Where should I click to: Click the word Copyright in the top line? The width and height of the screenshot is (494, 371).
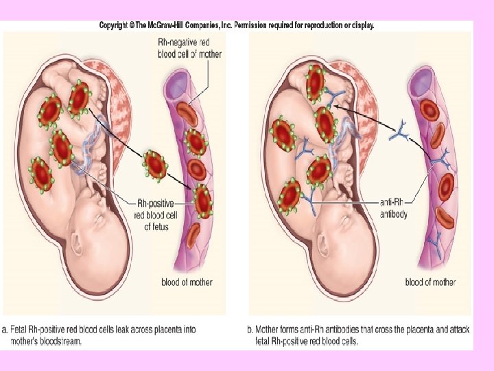tap(117, 25)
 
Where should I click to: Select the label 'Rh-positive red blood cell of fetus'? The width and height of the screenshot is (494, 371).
tap(156, 214)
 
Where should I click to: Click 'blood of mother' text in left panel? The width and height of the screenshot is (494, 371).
tap(187, 282)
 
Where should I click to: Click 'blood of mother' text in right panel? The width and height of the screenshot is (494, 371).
tap(430, 282)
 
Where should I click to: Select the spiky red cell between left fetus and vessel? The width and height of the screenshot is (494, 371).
tap(155, 165)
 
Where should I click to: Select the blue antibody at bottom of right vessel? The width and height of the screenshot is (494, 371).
tap(434, 241)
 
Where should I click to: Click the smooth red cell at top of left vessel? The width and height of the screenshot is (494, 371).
tap(187, 112)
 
